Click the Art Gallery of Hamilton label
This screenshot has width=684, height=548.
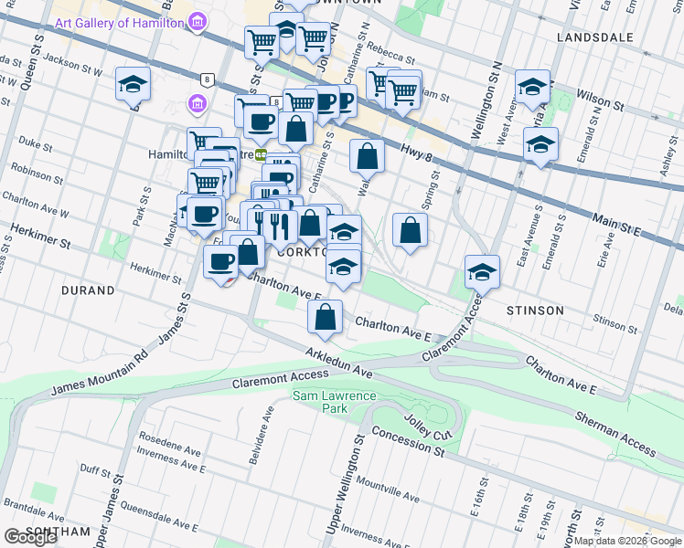click(119, 22)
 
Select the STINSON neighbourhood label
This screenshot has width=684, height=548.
click(535, 311)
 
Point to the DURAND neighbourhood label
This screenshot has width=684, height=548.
click(89, 290)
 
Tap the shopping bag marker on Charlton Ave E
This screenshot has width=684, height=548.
click(325, 317)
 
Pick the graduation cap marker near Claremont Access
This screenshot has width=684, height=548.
click(482, 271)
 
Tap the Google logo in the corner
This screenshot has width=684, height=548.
click(31, 537)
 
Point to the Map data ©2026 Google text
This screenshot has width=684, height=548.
click(627, 541)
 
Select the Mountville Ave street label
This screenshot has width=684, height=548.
click(388, 490)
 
